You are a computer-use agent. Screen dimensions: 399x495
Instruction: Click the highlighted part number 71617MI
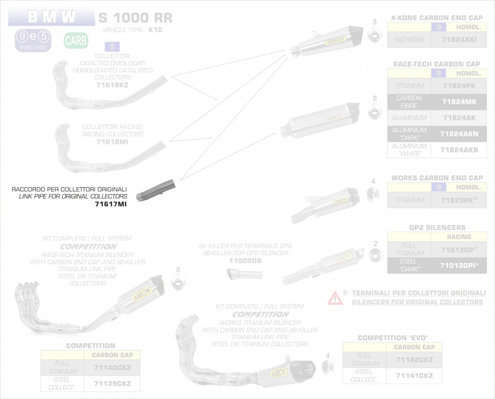click(x=111, y=204)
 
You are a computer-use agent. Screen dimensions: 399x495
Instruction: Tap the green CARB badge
click(x=76, y=41)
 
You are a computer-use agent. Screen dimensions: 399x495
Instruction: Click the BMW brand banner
click(x=51, y=17)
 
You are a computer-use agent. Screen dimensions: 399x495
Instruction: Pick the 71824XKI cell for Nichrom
click(x=459, y=40)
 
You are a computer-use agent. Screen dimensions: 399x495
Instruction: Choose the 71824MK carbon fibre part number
click(x=459, y=102)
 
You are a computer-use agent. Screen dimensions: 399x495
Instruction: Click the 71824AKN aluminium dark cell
click(x=459, y=134)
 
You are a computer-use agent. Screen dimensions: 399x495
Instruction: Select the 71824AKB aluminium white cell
click(x=459, y=150)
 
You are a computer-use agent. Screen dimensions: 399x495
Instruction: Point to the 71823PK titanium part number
click(x=459, y=200)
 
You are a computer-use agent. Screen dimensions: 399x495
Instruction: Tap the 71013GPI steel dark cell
click(x=459, y=266)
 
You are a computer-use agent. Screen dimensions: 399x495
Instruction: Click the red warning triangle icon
click(x=335, y=298)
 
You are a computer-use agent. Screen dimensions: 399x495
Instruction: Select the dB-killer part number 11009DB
click(x=245, y=261)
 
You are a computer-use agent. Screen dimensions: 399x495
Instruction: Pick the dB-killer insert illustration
click(x=244, y=275)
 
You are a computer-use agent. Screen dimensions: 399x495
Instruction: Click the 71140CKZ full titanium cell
click(x=112, y=368)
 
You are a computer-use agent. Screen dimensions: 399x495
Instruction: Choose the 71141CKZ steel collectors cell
click(x=414, y=375)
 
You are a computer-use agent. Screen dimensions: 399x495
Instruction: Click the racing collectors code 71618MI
click(x=112, y=142)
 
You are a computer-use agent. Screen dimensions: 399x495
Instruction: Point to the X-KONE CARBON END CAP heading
click(x=437, y=18)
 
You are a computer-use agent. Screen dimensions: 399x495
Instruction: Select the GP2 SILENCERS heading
click(x=437, y=228)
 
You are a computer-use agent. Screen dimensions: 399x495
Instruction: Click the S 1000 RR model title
click(x=135, y=18)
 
